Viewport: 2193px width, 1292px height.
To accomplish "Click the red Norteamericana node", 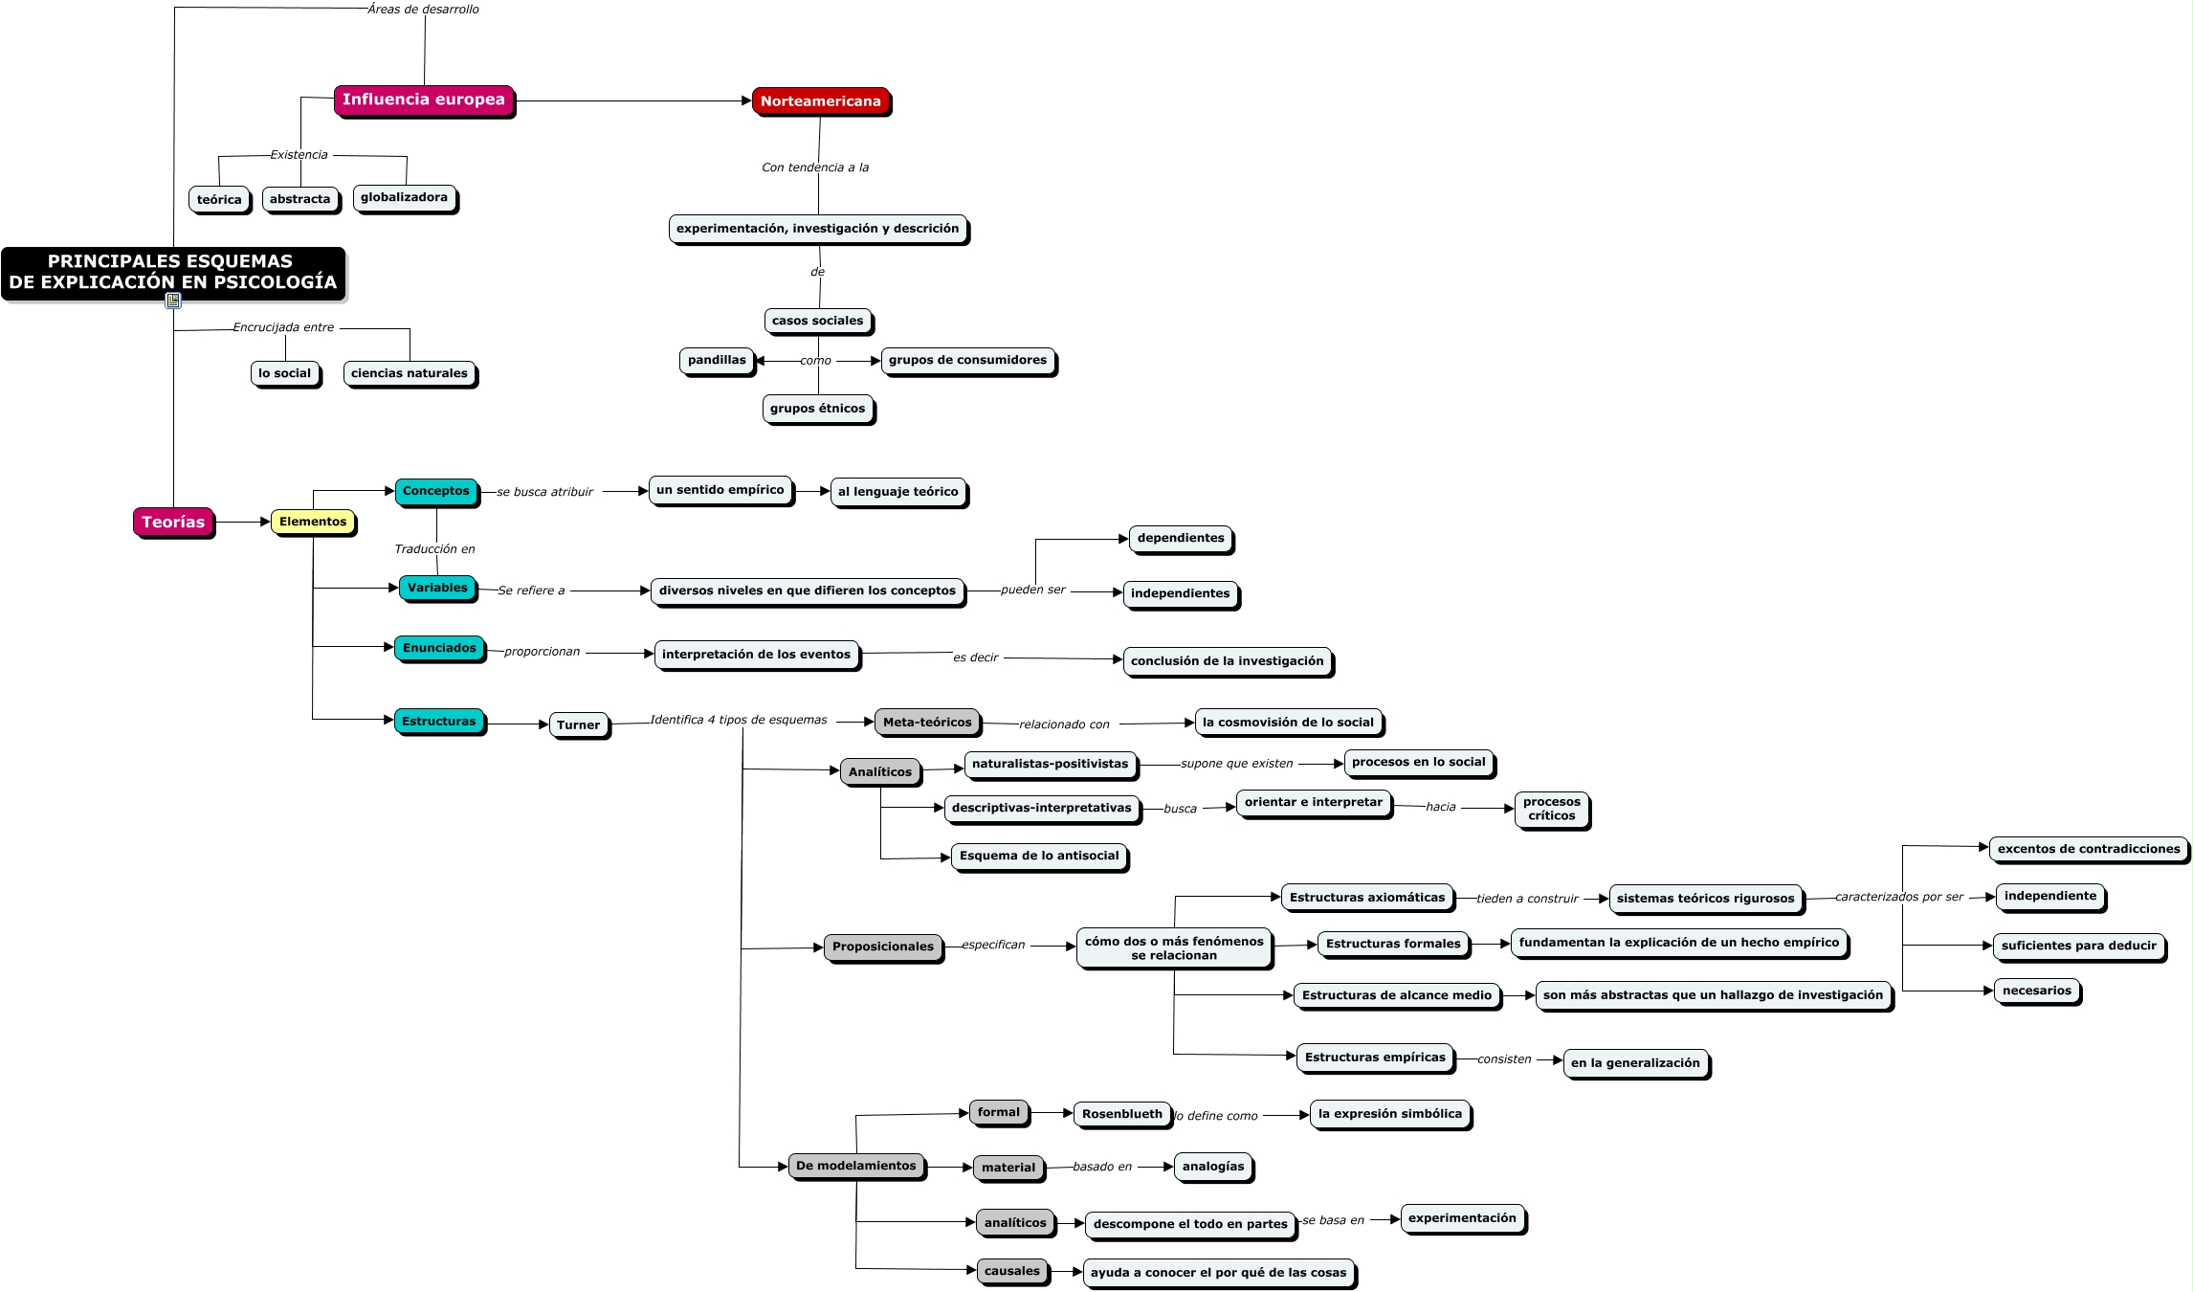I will [x=820, y=100].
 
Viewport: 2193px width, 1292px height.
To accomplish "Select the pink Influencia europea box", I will [x=423, y=100].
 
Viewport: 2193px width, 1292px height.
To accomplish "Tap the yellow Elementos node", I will [x=313, y=522].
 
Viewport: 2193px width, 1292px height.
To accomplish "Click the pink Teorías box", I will [x=173, y=522].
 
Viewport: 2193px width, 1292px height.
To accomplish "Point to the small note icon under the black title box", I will [x=173, y=301].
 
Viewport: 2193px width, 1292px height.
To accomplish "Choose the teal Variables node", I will [x=437, y=588].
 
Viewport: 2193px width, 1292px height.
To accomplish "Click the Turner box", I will [x=578, y=724].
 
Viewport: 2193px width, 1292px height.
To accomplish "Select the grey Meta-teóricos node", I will [x=926, y=723].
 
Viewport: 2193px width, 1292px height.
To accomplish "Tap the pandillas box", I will [x=716, y=360].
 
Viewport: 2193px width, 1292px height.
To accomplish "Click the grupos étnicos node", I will [x=817, y=409].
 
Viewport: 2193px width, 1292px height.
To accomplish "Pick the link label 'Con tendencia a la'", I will [x=815, y=167].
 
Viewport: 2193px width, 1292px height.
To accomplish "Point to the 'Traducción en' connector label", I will [x=434, y=548].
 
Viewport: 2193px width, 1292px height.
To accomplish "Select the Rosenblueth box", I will [x=1121, y=1114].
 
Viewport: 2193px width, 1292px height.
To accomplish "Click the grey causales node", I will [x=1011, y=1271].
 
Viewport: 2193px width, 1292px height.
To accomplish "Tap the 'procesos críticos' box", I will [x=1551, y=809].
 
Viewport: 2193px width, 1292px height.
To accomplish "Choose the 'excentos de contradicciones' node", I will [x=2088, y=849].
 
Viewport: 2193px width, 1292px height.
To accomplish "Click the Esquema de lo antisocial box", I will [x=1039, y=856].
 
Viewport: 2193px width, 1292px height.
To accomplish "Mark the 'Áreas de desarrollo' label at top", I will [x=423, y=10].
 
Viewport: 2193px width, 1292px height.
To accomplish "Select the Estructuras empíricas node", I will [x=1374, y=1058].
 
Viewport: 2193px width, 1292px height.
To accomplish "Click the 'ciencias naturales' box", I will [x=409, y=373].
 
